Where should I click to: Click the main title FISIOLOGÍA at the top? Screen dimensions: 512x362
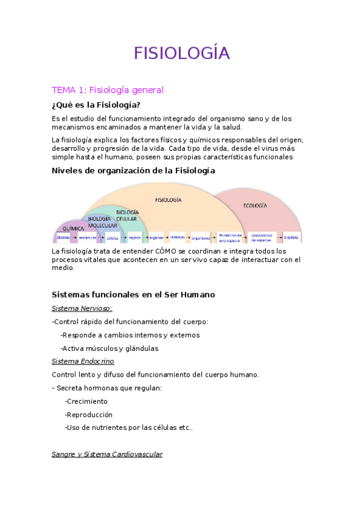click(181, 53)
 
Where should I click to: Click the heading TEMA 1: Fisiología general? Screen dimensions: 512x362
click(108, 90)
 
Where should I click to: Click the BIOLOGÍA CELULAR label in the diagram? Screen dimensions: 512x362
click(127, 216)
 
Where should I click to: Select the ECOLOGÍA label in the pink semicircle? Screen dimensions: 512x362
click(255, 206)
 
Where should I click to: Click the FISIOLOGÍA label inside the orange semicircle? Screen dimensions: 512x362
click(169, 199)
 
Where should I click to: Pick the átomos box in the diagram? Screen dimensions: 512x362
click(63, 237)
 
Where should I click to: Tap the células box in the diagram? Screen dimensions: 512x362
click(112, 237)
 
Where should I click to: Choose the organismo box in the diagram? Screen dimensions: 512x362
click(201, 237)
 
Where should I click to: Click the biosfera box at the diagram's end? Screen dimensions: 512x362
click(291, 237)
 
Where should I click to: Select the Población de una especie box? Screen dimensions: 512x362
click(230, 237)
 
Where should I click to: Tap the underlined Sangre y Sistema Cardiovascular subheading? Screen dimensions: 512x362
click(108, 454)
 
